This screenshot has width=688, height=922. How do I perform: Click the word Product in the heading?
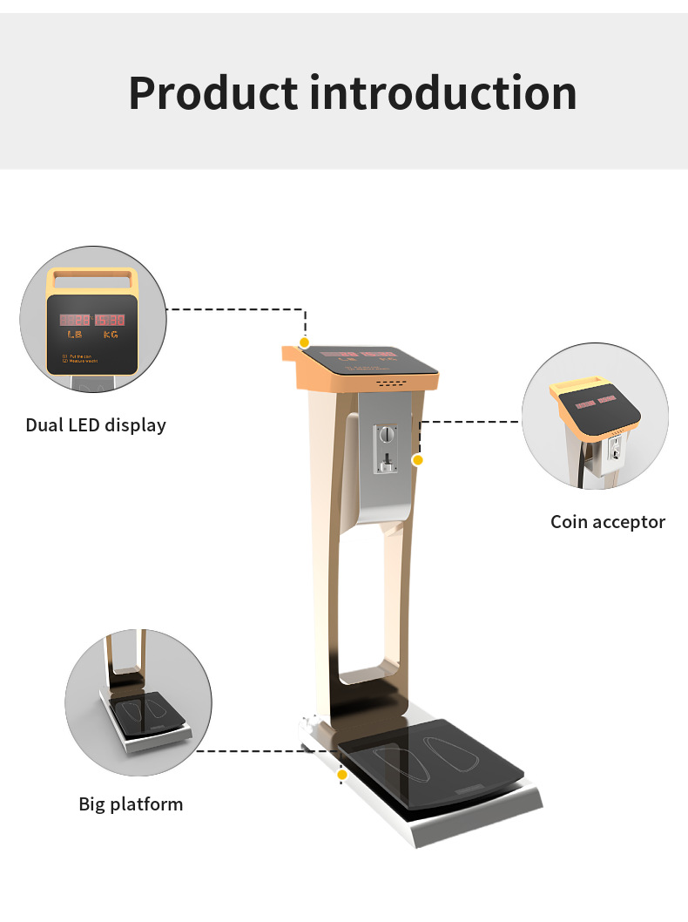[x=212, y=92]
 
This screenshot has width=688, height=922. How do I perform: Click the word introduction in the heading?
[x=442, y=92]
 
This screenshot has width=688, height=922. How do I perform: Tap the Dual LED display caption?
[x=96, y=425]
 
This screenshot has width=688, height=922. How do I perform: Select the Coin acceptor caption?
[x=607, y=522]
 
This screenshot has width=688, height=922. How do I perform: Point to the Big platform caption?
[x=131, y=803]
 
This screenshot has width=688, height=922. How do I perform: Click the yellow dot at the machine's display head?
[x=304, y=342]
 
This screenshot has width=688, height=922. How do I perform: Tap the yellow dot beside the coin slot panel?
[x=418, y=459]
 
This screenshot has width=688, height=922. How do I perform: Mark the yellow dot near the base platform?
[x=342, y=774]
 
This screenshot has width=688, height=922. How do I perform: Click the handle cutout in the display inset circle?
[x=92, y=280]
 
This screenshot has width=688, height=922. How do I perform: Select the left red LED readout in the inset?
[x=75, y=320]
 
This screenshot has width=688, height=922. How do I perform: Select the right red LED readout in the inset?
[x=111, y=320]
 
